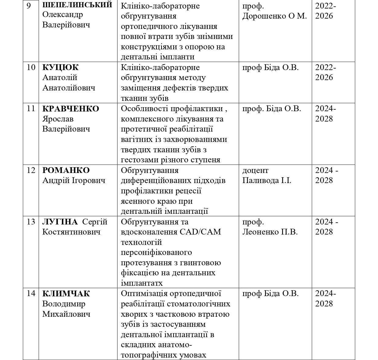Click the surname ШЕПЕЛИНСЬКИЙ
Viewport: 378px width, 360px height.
[77, 5]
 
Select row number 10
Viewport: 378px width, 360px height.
[31, 67]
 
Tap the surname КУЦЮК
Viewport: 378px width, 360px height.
[60, 68]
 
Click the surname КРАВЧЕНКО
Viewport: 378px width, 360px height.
[71, 109]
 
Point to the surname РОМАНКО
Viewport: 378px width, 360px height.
[66, 170]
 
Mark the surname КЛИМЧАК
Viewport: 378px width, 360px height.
[66, 294]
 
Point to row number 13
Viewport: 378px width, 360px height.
[31, 222]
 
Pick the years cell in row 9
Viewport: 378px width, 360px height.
[326, 11]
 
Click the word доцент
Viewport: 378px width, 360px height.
[255, 170]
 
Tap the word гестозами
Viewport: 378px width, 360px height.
[140, 160]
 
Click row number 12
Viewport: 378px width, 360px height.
[31, 170]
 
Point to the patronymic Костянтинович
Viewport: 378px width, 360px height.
[71, 232]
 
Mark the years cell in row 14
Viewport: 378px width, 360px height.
[326, 298]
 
